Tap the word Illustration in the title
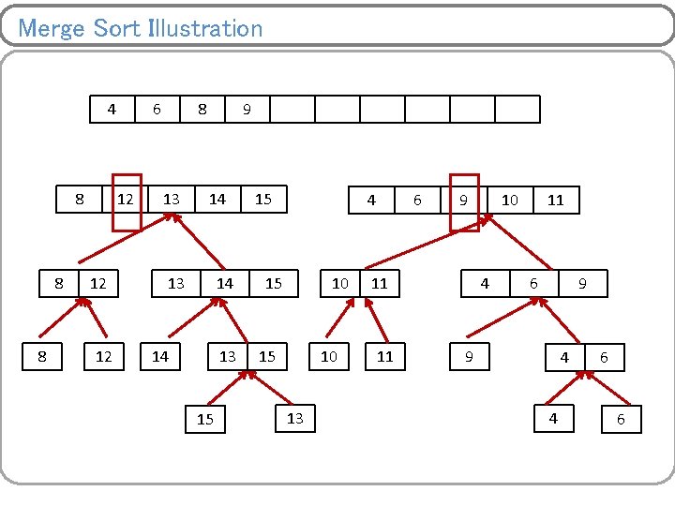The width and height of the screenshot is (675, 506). [205, 28]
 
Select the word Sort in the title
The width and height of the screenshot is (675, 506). [117, 28]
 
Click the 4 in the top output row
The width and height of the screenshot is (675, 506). [112, 110]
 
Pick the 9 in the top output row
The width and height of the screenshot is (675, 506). [247, 110]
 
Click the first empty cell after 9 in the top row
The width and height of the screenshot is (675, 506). [292, 110]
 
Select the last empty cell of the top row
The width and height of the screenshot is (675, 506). [517, 110]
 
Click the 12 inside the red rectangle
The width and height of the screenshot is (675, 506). [126, 200]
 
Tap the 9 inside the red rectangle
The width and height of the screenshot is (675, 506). [463, 200]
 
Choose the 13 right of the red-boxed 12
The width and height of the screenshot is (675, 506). [172, 200]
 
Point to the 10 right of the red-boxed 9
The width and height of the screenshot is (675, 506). [509, 200]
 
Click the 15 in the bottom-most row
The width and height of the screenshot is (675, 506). [205, 420]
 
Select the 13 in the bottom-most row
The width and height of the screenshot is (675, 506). [295, 418]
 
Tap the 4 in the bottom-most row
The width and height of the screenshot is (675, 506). [553, 419]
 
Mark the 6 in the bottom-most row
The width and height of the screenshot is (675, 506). [620, 420]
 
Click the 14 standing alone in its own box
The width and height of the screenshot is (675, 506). [160, 356]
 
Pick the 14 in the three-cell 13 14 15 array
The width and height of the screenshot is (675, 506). [225, 283]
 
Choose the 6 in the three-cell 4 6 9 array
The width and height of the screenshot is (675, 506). [533, 283]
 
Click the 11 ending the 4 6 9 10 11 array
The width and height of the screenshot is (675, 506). [556, 200]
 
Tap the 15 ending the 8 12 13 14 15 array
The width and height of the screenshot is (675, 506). [263, 200]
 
